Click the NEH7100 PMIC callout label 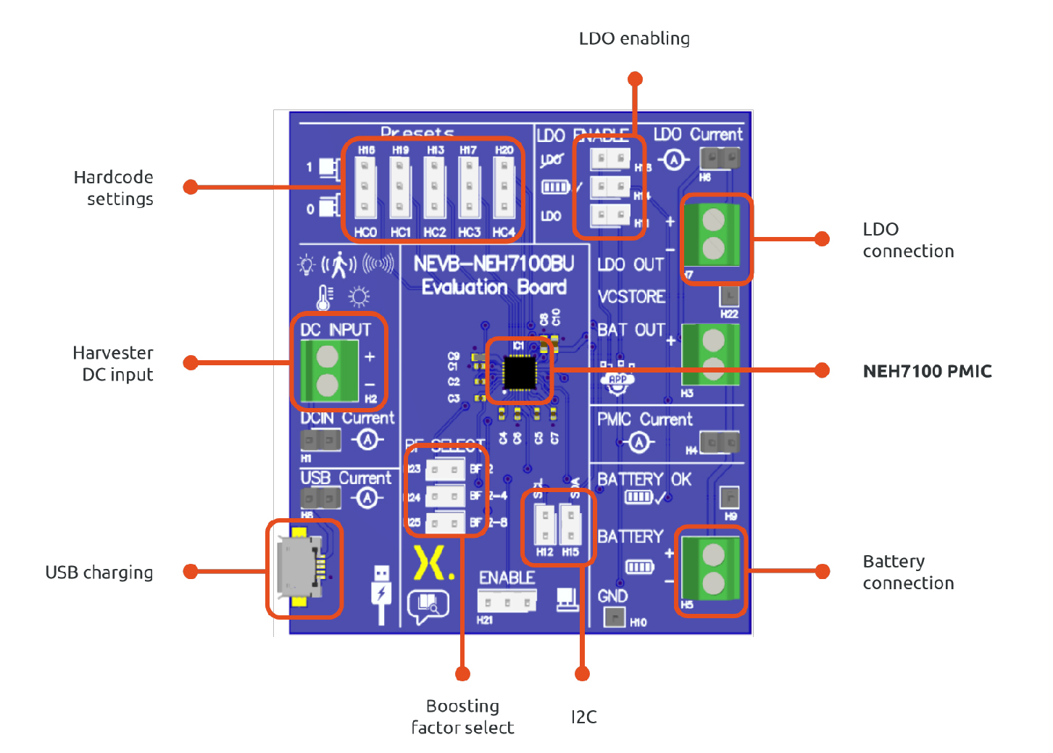click(x=927, y=371)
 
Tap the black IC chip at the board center click(x=519, y=373)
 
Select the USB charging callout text click(x=99, y=573)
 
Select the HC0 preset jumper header click(x=365, y=188)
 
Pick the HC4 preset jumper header click(x=504, y=188)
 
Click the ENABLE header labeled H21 click(x=507, y=601)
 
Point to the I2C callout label click(x=584, y=717)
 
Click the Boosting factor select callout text click(x=462, y=717)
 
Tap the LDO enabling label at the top click(x=634, y=38)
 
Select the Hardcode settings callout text click(x=115, y=188)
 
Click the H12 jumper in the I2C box click(x=544, y=523)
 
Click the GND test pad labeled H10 click(x=615, y=617)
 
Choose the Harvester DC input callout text click(x=115, y=364)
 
